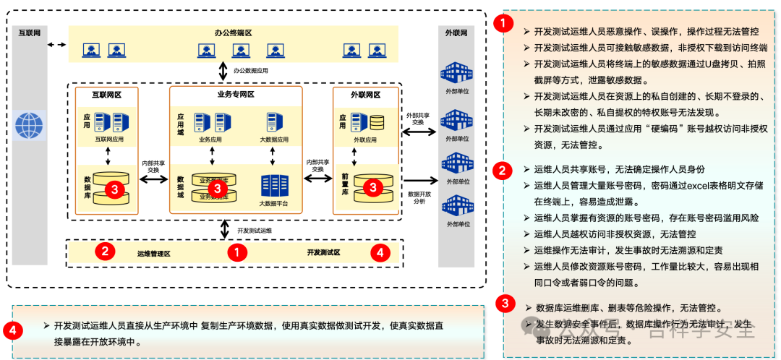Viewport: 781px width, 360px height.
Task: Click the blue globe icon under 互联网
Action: tap(29, 125)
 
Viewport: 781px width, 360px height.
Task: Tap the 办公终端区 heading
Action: tap(233, 33)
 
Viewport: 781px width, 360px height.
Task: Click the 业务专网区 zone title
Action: tap(236, 94)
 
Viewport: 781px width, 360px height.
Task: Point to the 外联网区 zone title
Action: tap(365, 94)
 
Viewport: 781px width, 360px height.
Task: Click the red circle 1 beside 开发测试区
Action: tap(237, 252)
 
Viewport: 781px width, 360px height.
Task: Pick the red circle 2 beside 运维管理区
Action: tap(106, 252)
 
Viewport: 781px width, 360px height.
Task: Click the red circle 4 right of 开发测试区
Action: tap(380, 252)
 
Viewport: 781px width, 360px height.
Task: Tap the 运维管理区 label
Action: tap(153, 253)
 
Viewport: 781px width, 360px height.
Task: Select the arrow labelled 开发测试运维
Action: tap(224, 229)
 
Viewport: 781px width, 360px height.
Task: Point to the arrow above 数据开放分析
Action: tap(421, 181)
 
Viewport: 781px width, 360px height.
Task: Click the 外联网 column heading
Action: tap(456, 33)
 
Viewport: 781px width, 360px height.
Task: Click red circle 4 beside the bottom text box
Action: tap(12, 330)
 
